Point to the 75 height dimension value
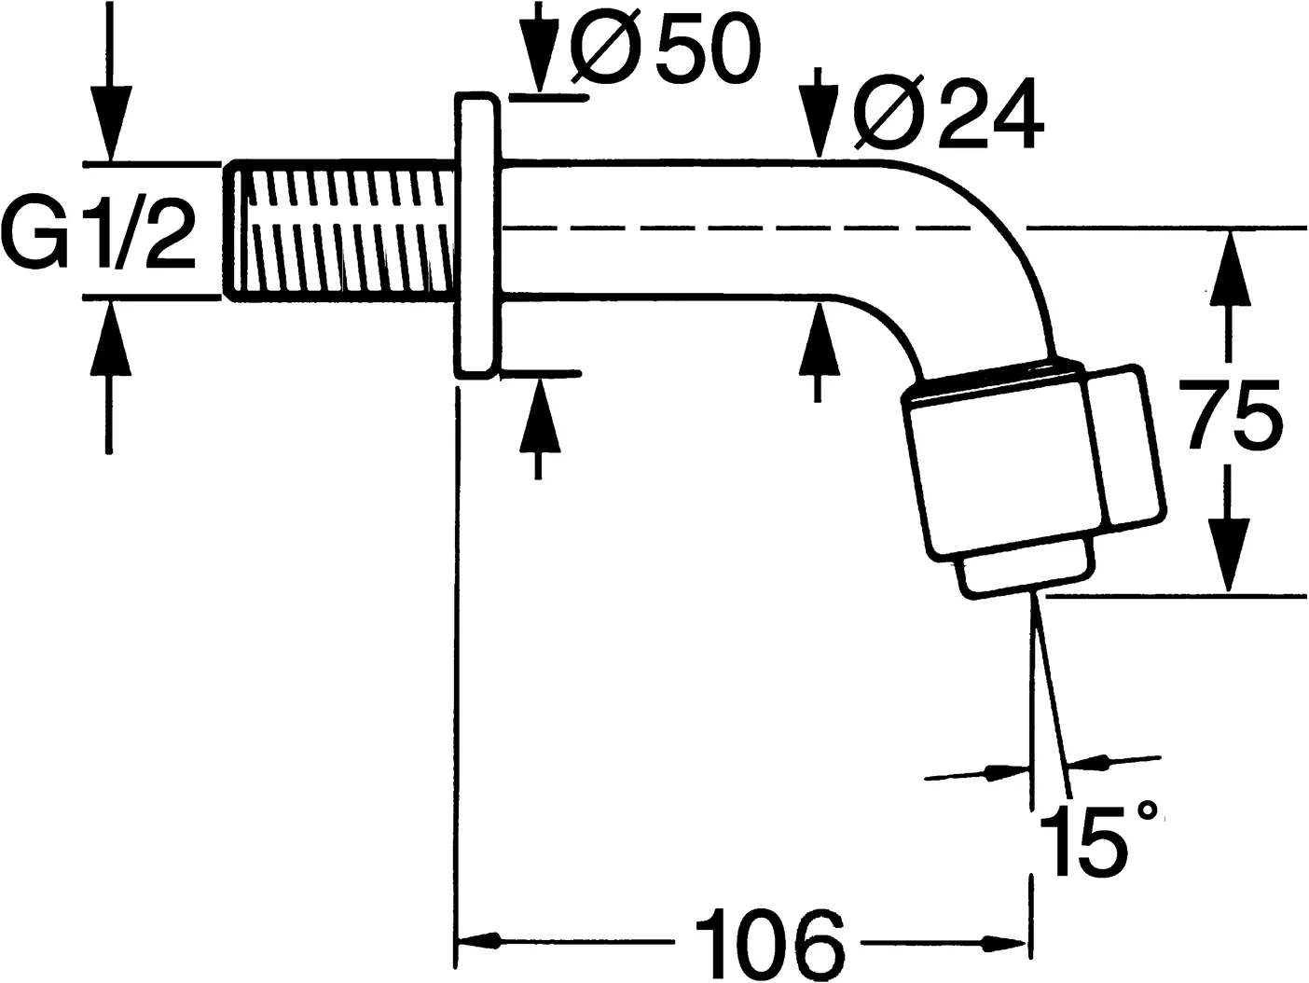(1230, 420)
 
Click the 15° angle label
(1095, 838)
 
